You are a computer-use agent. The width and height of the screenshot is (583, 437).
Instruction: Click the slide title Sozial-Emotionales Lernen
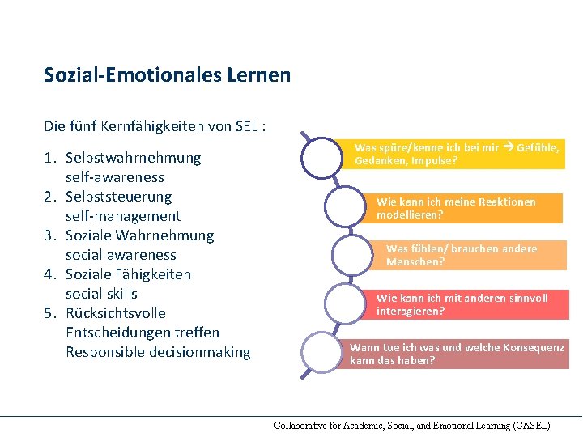pos(167,75)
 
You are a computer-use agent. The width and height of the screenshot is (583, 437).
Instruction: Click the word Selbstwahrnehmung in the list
pos(134,158)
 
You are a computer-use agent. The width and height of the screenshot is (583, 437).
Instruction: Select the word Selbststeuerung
pos(119,197)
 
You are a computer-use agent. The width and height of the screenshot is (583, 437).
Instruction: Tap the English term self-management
pos(123,216)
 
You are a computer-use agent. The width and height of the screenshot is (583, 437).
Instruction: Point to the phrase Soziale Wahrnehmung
pos(140,235)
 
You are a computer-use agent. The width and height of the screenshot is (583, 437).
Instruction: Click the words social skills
pos(101,294)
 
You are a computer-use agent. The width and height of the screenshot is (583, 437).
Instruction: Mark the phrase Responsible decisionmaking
pos(158,352)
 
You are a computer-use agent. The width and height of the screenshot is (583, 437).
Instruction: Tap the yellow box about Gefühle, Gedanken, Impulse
pos(457,154)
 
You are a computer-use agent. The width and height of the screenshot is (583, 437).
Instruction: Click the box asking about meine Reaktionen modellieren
pos(468,208)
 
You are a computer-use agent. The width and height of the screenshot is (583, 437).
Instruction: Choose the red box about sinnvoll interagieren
pos(468,304)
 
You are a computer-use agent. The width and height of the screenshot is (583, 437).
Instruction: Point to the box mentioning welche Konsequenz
pos(457,354)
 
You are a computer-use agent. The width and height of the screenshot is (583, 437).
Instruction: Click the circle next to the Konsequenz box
pos(321,353)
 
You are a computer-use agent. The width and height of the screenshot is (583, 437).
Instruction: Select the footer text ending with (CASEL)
pos(411,425)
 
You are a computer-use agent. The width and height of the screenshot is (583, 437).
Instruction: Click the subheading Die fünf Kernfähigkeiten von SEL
pos(155,127)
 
